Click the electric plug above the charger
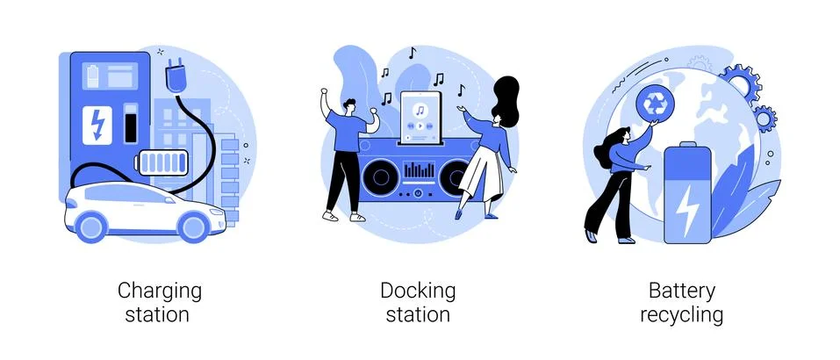pyautogui.click(x=175, y=76)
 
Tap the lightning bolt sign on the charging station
pyautogui.click(x=97, y=125)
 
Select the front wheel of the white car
pyautogui.click(x=194, y=226)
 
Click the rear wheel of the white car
pyautogui.click(x=91, y=226)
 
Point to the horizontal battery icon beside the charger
pyautogui.click(x=164, y=162)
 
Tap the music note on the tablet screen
pyautogui.click(x=420, y=111)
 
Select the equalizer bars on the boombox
pyautogui.click(x=420, y=169)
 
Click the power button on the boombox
pyautogui.click(x=419, y=192)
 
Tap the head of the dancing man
pyautogui.click(x=348, y=105)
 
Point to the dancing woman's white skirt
pyautogui.click(x=480, y=174)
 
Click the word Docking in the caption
pyautogui.click(x=418, y=292)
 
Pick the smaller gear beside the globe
pyautogui.click(x=765, y=118)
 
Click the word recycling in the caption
pyautogui.click(x=682, y=315)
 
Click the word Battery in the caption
pyautogui.click(x=682, y=291)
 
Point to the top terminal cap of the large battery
pyautogui.click(x=687, y=145)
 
